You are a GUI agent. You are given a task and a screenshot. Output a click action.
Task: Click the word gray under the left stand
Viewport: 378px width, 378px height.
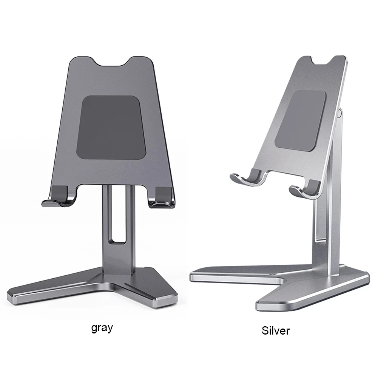pyautogui.click(x=102, y=327)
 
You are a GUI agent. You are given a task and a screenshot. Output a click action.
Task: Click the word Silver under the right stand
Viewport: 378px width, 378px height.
pyautogui.click(x=276, y=331)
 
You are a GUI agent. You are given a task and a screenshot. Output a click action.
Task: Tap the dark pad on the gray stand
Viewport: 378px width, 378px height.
pyautogui.click(x=112, y=128)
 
